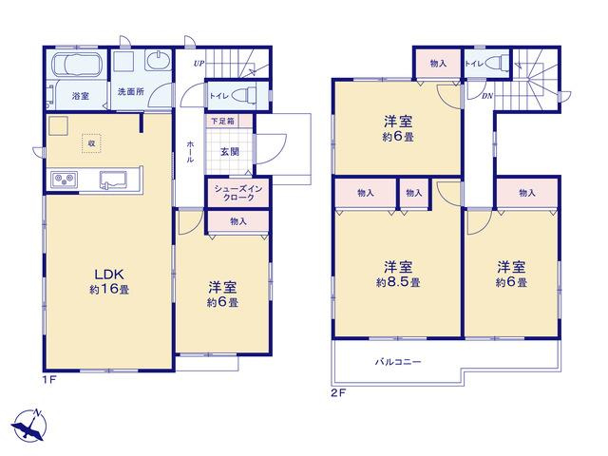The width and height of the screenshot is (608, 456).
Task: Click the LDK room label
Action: coord(109,275)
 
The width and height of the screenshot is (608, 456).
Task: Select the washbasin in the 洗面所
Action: coord(159,61)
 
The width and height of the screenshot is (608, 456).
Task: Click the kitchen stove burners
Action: coord(65,179)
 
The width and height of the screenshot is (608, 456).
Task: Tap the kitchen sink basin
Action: coord(113,180)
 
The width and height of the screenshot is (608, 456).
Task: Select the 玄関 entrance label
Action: coord(230,152)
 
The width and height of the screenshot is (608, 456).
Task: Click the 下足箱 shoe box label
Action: coord(222,121)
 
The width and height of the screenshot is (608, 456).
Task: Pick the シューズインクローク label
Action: coord(238,193)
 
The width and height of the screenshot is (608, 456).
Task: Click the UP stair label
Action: coord(199,64)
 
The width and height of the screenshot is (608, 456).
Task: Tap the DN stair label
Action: coord(486,96)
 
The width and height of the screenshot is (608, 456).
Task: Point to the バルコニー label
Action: coord(398,362)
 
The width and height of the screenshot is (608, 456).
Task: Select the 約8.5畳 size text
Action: coord(398,282)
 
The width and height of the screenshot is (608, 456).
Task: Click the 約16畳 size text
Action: coord(109,289)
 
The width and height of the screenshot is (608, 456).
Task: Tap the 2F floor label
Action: coord(338,392)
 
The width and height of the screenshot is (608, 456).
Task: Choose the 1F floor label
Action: coord(50,380)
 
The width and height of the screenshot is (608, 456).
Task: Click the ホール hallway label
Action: coord(190,151)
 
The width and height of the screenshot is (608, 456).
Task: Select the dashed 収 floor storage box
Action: coord(91,143)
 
